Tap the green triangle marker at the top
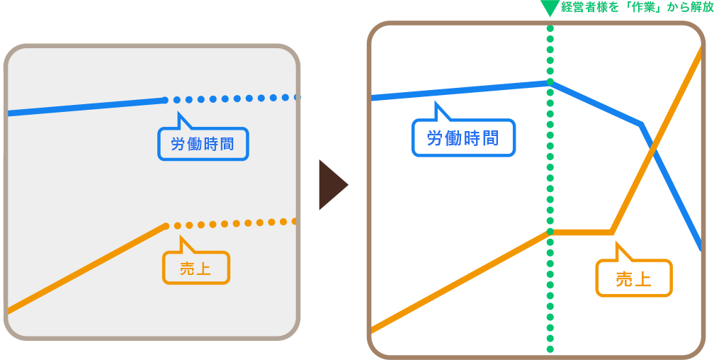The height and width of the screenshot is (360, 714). tap(550, 9)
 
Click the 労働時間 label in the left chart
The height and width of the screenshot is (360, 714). tap(203, 144)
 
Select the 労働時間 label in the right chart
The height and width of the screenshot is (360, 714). tap(463, 138)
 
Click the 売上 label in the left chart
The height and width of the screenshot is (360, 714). tap(196, 268)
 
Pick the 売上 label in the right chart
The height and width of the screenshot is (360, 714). tap(634, 279)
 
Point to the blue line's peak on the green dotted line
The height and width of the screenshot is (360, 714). tap(550, 82)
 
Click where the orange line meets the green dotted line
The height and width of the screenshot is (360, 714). tap(550, 232)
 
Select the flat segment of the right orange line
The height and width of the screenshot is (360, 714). tap(581, 232)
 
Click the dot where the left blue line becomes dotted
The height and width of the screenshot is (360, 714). tap(165, 100)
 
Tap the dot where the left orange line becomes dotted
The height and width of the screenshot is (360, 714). tap(166, 226)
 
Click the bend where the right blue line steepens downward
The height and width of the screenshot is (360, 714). tap(641, 125)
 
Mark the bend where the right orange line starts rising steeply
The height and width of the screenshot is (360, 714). tap(611, 232)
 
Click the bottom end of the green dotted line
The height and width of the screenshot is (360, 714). tap(550, 349)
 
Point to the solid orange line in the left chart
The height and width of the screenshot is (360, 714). tap(85, 269)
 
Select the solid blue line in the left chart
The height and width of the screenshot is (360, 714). tap(85, 106)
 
